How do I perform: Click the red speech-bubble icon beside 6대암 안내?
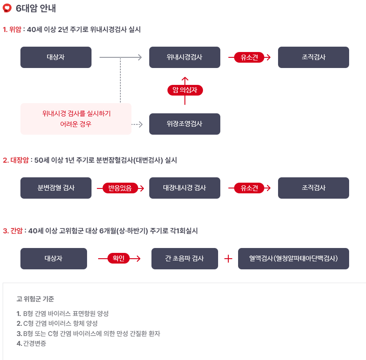click(7, 8)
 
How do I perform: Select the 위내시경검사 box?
click(184, 57)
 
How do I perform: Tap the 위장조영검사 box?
click(184, 124)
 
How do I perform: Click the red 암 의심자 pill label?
click(185, 90)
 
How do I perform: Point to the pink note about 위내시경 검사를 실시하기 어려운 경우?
click(76, 119)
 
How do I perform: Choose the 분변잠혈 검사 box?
click(56, 188)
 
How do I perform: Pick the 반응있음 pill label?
click(120, 188)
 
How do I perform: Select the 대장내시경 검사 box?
click(184, 188)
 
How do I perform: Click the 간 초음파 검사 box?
click(184, 259)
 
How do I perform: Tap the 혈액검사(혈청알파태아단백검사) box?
click(293, 259)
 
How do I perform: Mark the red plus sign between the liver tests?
click(228, 259)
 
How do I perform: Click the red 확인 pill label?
click(118, 259)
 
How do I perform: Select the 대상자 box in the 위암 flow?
click(56, 57)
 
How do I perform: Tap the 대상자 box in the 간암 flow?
click(54, 259)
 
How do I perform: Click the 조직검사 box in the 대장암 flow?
click(313, 188)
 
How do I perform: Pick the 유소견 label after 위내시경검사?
click(249, 57)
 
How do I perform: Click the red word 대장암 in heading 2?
click(19, 160)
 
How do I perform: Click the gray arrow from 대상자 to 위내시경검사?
click(120, 57)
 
